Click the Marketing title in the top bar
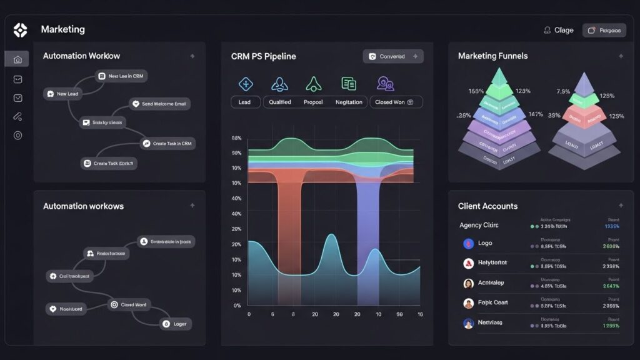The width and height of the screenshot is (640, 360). pyautogui.click(x=62, y=29)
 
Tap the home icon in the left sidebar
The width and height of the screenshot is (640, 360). pyautogui.click(x=17, y=59)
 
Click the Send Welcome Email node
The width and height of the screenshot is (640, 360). pyautogui.click(x=160, y=104)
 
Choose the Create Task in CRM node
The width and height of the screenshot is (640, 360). pyautogui.click(x=167, y=143)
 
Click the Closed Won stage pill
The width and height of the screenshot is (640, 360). pyautogui.click(x=396, y=102)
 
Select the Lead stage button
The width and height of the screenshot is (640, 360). pyautogui.click(x=245, y=102)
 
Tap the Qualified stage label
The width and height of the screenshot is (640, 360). pyautogui.click(x=279, y=102)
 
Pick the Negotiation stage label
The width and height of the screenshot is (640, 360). pyautogui.click(x=349, y=102)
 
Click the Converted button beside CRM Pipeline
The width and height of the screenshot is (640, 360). pyautogui.click(x=392, y=56)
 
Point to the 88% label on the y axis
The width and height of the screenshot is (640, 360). pyautogui.click(x=236, y=138)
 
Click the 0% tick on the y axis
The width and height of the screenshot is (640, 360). pyautogui.click(x=237, y=306)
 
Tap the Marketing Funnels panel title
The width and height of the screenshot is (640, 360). pyautogui.click(x=492, y=56)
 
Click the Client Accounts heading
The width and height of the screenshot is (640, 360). pyautogui.click(x=487, y=206)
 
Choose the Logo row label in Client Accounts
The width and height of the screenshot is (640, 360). pyautogui.click(x=484, y=243)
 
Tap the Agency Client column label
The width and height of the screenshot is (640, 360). pyautogui.click(x=478, y=225)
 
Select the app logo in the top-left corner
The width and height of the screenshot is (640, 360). pyautogui.click(x=20, y=30)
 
